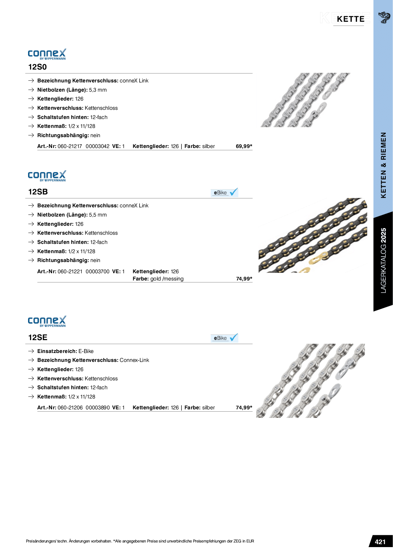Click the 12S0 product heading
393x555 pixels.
point(38,67)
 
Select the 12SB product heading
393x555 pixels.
point(38,192)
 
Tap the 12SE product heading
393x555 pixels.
point(38,337)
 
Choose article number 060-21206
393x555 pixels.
point(70,408)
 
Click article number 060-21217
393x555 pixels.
point(70,146)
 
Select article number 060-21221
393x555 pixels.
point(70,272)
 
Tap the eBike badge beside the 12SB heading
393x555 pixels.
point(224,192)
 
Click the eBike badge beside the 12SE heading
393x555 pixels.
point(224,338)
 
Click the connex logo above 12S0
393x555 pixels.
point(47,54)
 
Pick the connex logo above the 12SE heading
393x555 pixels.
point(47,321)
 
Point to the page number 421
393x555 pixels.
point(380,542)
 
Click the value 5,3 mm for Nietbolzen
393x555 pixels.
point(98,90)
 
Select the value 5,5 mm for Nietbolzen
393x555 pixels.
point(98,215)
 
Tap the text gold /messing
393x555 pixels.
point(167,279)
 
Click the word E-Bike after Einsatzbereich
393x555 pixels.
point(86,351)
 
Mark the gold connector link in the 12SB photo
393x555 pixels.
point(317,258)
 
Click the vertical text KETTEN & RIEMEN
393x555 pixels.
point(383,165)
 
